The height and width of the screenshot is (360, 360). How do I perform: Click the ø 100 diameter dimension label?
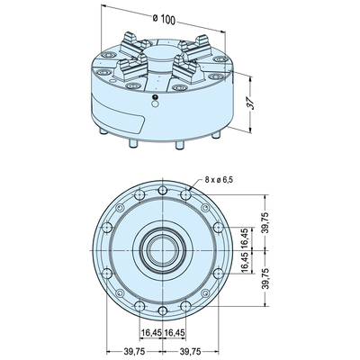[164, 19]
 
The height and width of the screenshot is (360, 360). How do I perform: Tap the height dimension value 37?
[252, 103]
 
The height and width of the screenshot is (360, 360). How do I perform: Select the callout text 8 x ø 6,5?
[219, 180]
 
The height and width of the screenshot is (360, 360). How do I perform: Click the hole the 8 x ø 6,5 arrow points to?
[186, 194]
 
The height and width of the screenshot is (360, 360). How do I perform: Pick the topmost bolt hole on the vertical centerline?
[163, 190]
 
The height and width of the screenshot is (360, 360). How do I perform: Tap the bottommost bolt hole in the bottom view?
[163, 310]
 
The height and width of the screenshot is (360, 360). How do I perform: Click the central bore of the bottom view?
[162, 250]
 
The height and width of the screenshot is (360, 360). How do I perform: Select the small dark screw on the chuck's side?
[155, 97]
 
